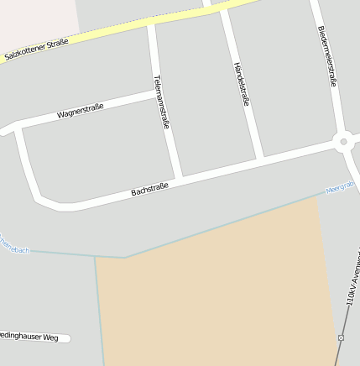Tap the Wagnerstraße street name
(x=81, y=111)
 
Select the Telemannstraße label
(x=162, y=102)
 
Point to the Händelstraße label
(x=242, y=84)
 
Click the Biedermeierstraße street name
(x=327, y=55)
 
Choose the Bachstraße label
(x=149, y=190)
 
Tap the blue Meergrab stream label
(x=341, y=188)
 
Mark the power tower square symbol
(x=341, y=337)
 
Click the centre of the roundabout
(x=343, y=142)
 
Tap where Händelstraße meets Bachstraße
(x=260, y=159)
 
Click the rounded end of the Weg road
(x=67, y=338)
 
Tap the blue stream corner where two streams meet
(x=125, y=257)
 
